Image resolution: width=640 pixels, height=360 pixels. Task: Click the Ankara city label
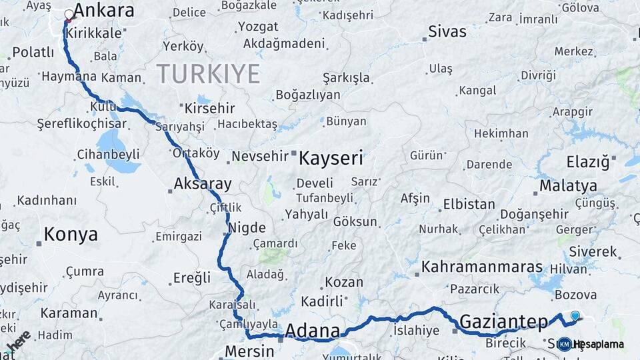[103, 11]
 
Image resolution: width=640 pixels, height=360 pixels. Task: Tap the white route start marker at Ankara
[69, 14]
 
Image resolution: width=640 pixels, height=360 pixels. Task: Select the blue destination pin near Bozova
[575, 315]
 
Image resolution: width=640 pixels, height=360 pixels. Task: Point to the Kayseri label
[331, 158]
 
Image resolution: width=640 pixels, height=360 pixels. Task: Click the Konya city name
[71, 235]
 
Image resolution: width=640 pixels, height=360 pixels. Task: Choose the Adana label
[312, 331]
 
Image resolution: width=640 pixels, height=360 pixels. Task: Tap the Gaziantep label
[504, 323]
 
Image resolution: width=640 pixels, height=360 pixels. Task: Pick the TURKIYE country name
[208, 74]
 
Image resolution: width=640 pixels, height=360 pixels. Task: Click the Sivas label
[447, 31]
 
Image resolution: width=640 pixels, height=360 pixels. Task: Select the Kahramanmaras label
[482, 267]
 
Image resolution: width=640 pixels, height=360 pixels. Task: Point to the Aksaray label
[203, 183]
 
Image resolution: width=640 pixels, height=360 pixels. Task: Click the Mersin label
[249, 351]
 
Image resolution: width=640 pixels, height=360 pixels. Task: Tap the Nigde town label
[247, 227]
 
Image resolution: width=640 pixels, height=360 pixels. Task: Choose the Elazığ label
[588, 162]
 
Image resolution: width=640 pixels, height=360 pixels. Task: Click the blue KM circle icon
[564, 344]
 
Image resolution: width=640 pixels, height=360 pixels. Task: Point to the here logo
[19, 340]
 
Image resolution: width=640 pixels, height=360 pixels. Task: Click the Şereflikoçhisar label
[73, 124]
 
